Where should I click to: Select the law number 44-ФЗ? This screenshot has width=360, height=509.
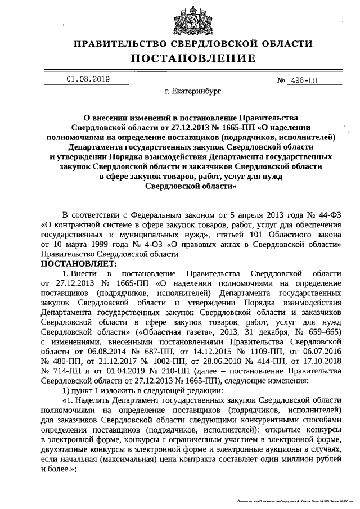(x=328, y=214)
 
